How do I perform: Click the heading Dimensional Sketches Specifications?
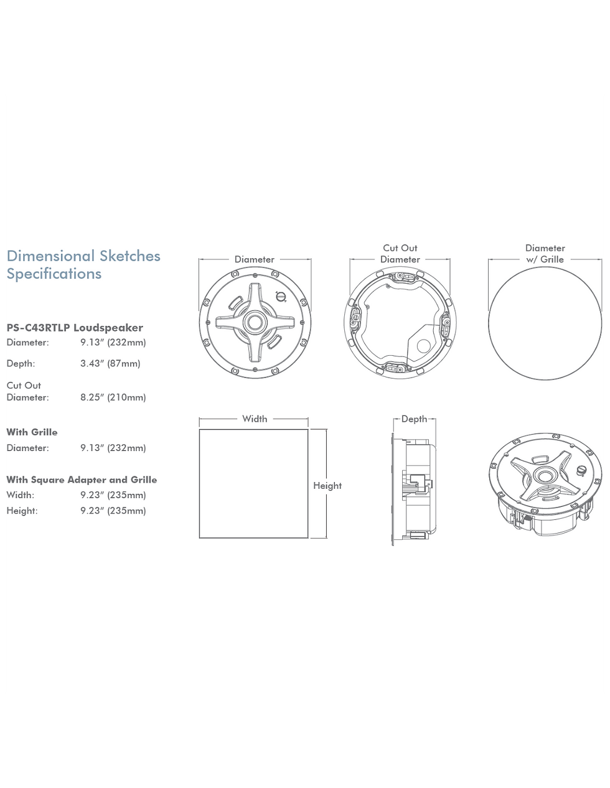(83, 265)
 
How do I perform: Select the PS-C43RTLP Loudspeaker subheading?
(75, 328)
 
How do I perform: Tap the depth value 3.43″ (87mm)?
(110, 363)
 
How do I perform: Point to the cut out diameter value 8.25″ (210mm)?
(113, 397)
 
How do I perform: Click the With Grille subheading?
(32, 432)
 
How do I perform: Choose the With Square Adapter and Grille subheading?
(82, 480)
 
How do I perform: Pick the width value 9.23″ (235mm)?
(113, 495)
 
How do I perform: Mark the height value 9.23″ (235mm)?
(113, 511)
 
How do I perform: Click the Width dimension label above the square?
(255, 419)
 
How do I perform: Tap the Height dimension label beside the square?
(327, 486)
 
